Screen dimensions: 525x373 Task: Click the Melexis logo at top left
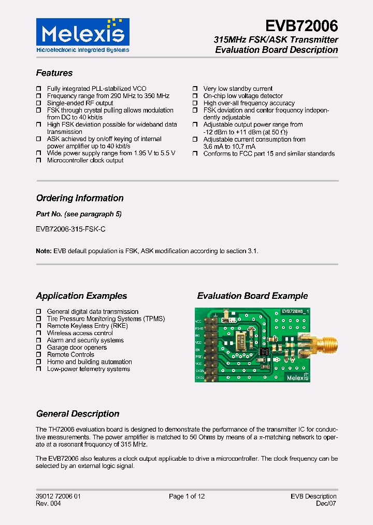(x=82, y=35)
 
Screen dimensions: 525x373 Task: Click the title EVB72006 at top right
(x=302, y=26)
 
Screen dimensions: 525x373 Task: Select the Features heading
(x=54, y=73)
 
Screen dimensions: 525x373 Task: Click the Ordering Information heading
(x=80, y=198)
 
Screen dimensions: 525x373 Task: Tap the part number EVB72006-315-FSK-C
(x=71, y=228)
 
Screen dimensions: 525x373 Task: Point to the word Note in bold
(x=44, y=251)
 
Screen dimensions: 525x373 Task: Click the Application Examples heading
(x=81, y=296)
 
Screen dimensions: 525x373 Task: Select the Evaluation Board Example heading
(x=252, y=296)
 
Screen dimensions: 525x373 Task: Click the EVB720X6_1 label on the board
(x=295, y=311)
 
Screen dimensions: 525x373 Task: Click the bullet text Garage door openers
(x=77, y=348)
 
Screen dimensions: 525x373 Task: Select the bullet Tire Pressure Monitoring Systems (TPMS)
(x=101, y=319)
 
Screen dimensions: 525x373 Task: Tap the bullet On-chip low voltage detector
(x=243, y=96)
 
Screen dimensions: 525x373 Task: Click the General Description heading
(x=78, y=414)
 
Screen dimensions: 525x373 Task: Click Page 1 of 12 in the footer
(x=187, y=496)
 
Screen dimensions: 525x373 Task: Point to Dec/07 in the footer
(x=327, y=504)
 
